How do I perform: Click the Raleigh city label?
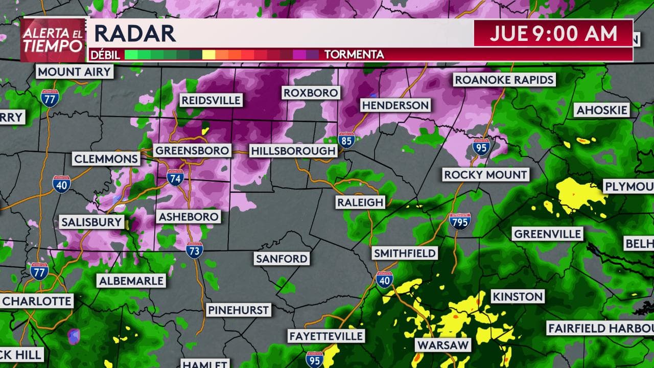(x=360, y=202)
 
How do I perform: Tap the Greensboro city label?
(x=192, y=151)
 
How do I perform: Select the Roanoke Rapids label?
(x=504, y=80)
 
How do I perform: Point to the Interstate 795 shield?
(x=460, y=220)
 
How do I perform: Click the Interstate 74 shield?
(x=175, y=177)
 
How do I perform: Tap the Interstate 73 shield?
(x=195, y=249)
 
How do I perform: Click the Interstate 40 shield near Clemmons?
(x=61, y=184)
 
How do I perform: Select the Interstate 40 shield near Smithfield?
(x=384, y=279)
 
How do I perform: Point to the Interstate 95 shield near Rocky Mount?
(x=481, y=147)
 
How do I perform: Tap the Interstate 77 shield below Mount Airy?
(x=50, y=97)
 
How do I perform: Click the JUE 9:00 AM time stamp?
(x=553, y=34)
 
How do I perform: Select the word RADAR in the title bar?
(x=135, y=34)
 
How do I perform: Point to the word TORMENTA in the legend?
(x=354, y=54)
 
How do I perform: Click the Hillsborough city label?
(x=293, y=151)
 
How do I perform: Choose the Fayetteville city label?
(x=326, y=336)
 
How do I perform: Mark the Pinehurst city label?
(x=238, y=310)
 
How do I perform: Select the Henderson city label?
(x=395, y=105)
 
